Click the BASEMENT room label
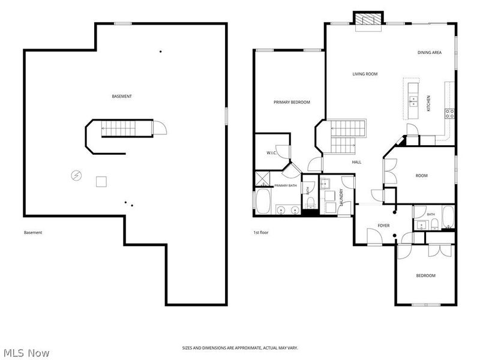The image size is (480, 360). [122, 97]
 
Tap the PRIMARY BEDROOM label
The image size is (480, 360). [292, 102]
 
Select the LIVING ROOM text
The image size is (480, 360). [365, 74]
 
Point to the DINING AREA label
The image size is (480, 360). [430, 53]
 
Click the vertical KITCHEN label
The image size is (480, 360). [428, 103]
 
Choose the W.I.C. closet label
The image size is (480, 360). [272, 153]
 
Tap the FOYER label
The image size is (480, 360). [383, 226]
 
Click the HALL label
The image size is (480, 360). [356, 162]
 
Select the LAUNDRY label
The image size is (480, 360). [341, 196]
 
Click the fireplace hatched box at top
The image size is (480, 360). [368, 19]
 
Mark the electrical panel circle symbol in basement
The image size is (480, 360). [76, 175]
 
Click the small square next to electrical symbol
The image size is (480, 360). [101, 182]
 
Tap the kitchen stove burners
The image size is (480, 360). [449, 114]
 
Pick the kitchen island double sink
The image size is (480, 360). [413, 101]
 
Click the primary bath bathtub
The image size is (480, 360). [263, 201]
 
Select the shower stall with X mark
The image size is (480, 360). [263, 179]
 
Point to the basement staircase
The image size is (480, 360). [118, 128]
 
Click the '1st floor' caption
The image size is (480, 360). [261, 233]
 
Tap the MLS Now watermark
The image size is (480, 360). [26, 353]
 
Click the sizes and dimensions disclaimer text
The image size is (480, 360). [240, 348]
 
